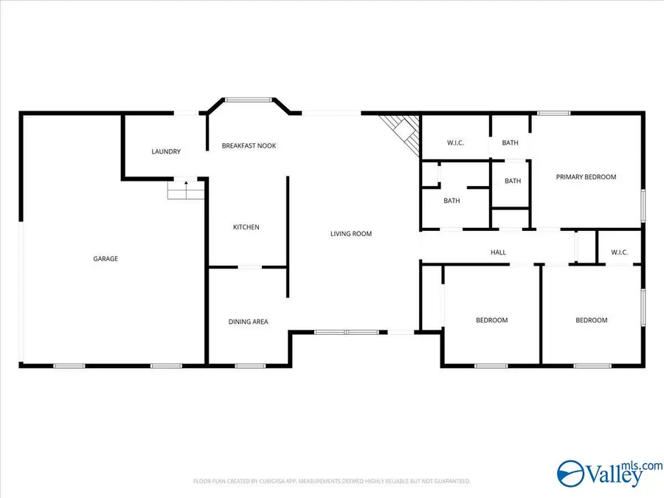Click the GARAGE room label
tap(106, 258)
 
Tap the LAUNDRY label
tap(166, 152)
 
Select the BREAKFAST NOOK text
tap(249, 146)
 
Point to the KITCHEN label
tap(246, 227)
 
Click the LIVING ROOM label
tap(350, 234)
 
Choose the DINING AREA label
tap(248, 322)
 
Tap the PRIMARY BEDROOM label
tap(586, 177)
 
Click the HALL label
tap(499, 253)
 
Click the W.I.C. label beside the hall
tap(619, 253)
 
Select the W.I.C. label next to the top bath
tap(454, 143)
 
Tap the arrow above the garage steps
tap(186, 181)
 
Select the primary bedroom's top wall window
tap(553, 113)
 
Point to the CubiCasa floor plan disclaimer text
tap(332, 481)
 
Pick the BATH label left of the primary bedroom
tap(513, 181)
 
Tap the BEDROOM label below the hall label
tap(491, 320)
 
